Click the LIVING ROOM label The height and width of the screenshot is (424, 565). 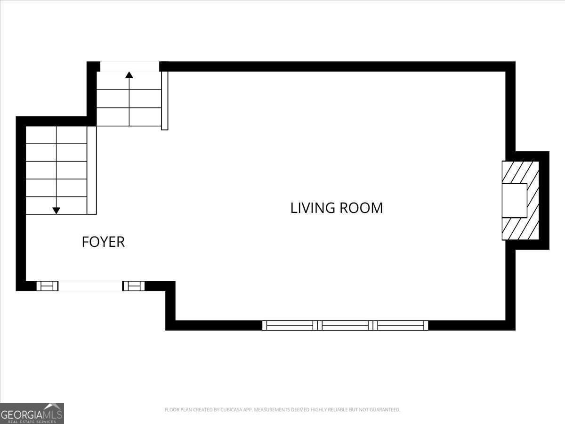click(336, 208)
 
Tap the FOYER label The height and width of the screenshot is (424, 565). click(103, 242)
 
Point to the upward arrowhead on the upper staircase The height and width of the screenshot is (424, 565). click(129, 74)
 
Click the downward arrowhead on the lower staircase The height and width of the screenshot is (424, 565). click(56, 211)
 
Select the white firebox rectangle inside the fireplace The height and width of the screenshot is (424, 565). click(514, 200)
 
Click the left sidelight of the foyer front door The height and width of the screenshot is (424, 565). click(47, 285)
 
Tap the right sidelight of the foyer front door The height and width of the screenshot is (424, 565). click(134, 285)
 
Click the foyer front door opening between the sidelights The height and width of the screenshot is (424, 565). click(90, 285)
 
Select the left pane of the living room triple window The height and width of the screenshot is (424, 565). click(288, 325)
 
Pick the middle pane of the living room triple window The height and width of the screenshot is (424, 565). click(345, 325)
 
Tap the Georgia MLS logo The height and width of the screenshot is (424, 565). click(32, 413)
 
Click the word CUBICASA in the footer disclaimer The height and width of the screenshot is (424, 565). click(232, 410)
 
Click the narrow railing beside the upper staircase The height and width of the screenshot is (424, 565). click(164, 100)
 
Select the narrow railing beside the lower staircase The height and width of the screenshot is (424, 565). click(92, 170)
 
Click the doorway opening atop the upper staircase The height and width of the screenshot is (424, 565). click(129, 66)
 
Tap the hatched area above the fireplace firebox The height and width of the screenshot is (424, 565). click(520, 172)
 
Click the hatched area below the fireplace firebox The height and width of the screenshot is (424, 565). click(520, 228)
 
